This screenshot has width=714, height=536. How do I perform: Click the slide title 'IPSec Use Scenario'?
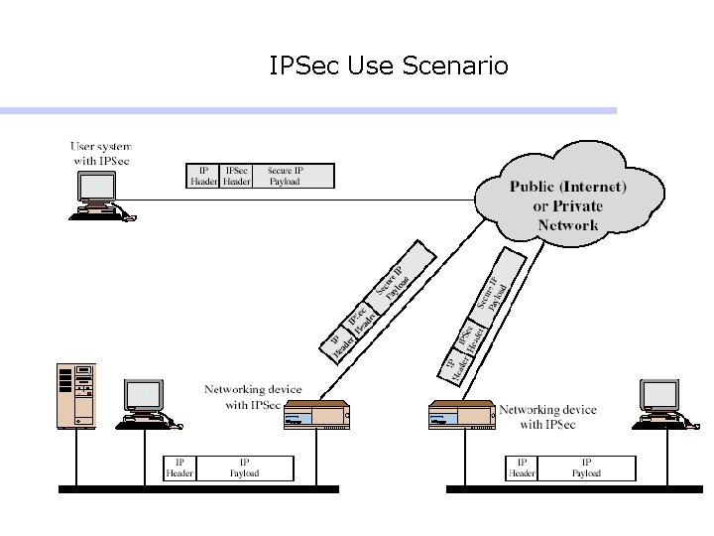point(389,67)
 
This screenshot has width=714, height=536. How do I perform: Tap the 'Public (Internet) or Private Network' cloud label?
point(567,205)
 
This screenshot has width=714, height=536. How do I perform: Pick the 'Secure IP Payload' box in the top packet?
point(285,176)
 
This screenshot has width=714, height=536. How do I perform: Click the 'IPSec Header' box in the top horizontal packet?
point(236,176)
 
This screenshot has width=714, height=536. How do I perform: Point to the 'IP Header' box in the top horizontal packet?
point(203,176)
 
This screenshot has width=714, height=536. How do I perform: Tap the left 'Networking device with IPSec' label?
point(253,397)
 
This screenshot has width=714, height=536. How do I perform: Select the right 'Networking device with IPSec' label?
point(546,417)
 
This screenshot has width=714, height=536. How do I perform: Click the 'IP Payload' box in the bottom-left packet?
point(244,468)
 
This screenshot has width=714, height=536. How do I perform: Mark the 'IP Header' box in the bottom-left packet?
point(179,468)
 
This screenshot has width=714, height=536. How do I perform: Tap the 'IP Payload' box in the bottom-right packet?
point(585,468)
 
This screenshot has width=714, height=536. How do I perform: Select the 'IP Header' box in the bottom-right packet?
point(522,468)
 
